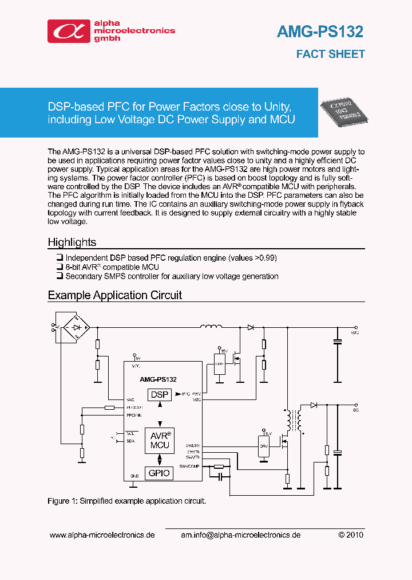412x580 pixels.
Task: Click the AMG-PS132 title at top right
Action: (320, 32)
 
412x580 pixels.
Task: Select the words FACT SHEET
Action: (330, 54)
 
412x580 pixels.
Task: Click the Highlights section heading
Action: (72, 242)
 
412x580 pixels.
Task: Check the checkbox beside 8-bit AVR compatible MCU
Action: (60, 267)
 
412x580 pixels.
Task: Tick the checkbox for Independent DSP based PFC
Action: (60, 258)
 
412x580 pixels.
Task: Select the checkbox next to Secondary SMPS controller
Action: (60, 276)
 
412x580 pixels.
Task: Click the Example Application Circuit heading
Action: (114, 295)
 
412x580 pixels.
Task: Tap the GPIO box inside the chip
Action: (159, 473)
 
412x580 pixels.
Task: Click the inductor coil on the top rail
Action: (211, 327)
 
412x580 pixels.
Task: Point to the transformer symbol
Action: (295, 420)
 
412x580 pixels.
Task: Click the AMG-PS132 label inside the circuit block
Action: (158, 379)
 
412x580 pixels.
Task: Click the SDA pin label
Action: (130, 441)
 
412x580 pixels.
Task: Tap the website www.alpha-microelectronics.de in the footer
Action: (102, 535)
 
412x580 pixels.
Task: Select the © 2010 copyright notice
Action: (350, 535)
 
